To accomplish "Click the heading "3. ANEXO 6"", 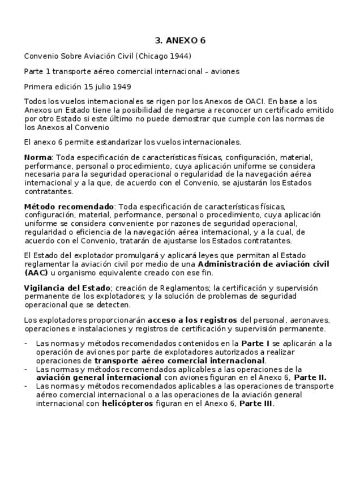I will coord(180,41).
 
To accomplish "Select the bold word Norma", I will coord(37,157).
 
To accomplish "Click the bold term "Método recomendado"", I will coord(68,207).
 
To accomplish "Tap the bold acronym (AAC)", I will coord(36,273).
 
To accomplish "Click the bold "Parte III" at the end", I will coord(256,404).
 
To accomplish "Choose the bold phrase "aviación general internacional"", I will coord(98,378).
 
